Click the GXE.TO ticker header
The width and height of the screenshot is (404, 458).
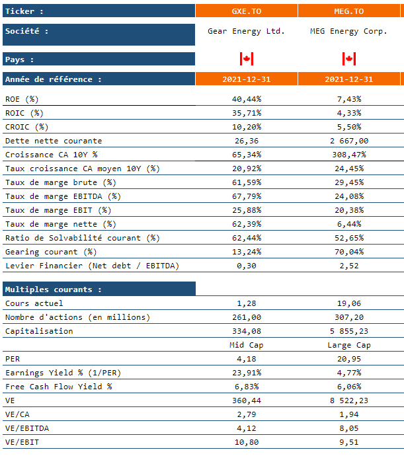[247, 11]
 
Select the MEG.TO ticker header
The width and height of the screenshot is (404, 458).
[348, 11]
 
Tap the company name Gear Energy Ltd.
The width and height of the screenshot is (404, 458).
[246, 31]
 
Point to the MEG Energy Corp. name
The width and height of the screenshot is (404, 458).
[348, 31]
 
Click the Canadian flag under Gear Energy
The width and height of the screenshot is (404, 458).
[247, 59]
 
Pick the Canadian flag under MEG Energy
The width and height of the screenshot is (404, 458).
[349, 59]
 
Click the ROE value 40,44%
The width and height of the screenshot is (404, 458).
[247, 99]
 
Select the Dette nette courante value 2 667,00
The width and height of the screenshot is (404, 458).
[349, 141]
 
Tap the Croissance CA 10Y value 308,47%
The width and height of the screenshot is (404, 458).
[349, 155]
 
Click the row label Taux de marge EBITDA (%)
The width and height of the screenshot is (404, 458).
[63, 196]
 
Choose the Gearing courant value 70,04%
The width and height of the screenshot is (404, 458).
[349, 252]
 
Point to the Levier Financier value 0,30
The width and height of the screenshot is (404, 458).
[247, 266]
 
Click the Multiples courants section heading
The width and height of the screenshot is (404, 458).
[53, 289]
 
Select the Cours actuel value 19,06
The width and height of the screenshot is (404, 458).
[349, 303]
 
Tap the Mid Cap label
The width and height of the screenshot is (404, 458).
[247, 345]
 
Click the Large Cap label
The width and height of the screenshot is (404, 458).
[349, 345]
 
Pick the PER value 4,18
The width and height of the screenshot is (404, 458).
[247, 359]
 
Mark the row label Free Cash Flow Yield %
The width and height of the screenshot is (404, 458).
[58, 387]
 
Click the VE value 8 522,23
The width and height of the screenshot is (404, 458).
[349, 401]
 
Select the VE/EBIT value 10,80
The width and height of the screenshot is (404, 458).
[247, 443]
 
